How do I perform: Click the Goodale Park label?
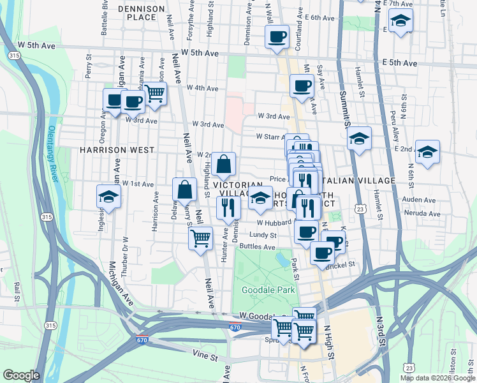pos(268,290)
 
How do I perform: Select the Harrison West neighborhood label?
pos(117,150)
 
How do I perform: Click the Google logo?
pos(22,375)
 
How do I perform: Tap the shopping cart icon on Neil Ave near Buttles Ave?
pos(201,239)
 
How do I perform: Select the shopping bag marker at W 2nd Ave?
pos(224,164)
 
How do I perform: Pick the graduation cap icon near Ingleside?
pos(108,197)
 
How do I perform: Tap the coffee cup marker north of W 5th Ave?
pos(277,36)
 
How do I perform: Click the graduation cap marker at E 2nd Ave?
pos(427,153)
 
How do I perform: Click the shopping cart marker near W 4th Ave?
pos(155,93)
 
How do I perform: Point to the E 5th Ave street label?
pos(399,63)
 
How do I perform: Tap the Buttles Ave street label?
pos(257,246)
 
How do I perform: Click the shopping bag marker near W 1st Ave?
pos(184,190)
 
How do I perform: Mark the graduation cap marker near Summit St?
pos(360,139)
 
